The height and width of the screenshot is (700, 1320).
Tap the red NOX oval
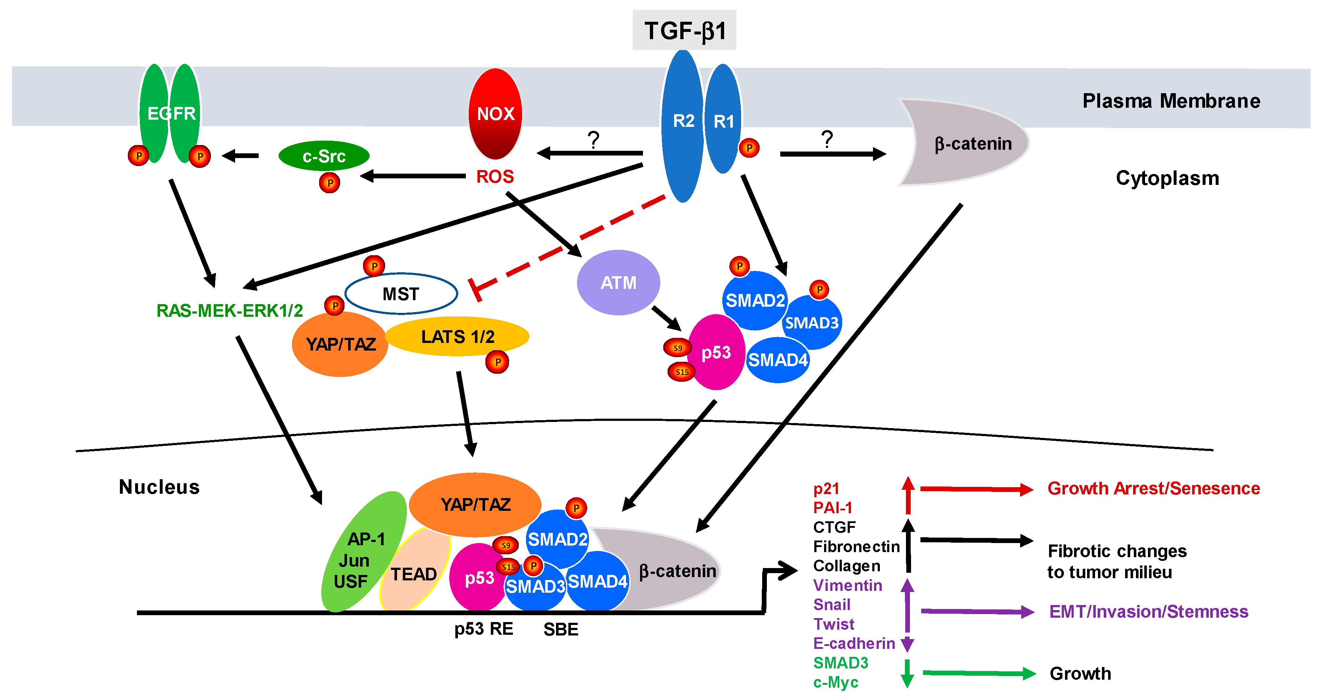coord(496,114)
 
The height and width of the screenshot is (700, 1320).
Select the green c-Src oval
coord(324,156)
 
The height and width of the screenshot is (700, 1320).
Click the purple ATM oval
coord(618,282)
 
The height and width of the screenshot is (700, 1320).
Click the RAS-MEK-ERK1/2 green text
coord(230,310)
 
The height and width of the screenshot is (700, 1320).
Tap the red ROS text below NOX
coord(495,177)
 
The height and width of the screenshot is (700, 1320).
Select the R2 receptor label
coord(684,121)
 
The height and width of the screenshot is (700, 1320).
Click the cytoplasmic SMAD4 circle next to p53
coord(778,360)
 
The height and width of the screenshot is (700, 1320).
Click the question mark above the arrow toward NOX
coord(593,140)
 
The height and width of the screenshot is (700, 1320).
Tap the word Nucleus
coord(159,487)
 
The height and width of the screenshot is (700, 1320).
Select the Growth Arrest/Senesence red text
coord(1153,488)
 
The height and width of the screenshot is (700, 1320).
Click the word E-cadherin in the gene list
coord(854,643)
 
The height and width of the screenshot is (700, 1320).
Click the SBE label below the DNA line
coord(561,629)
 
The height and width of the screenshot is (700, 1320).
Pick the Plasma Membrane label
coord(1171,101)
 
